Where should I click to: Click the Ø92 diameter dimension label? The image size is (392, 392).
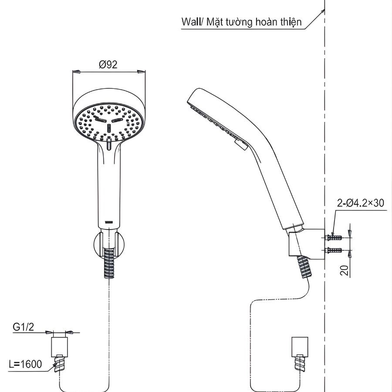point(108,64)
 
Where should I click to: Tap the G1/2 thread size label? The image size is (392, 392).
point(22,327)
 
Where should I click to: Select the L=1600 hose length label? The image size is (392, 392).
point(26,364)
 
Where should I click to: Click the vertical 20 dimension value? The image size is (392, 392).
point(345,271)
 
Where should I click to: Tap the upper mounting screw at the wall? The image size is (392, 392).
point(333,237)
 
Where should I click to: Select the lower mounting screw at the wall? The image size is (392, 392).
point(333,250)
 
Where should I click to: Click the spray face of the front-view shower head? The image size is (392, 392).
point(108,123)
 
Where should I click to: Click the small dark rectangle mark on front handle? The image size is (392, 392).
point(109,222)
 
